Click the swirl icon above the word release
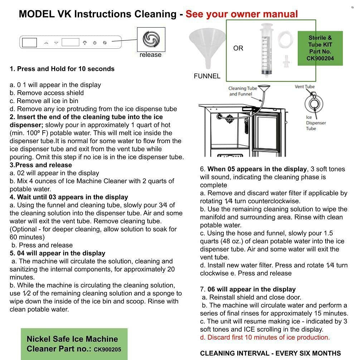pyautogui.click(x=151, y=39)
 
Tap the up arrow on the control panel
pyautogui.click(x=46, y=43)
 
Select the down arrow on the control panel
pyautogui.click(x=56, y=43)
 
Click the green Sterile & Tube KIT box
pyautogui.click(x=320, y=48)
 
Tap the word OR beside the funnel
pyautogui.click(x=238, y=48)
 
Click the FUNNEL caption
pyautogui.click(x=207, y=76)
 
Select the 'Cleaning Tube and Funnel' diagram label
pyautogui.click(x=243, y=91)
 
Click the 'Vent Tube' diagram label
pyautogui.click(x=305, y=87)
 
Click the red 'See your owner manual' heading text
pyautogui.click(x=242, y=14)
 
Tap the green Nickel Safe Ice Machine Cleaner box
pyautogui.click(x=74, y=344)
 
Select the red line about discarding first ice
pyautogui.click(x=265, y=337)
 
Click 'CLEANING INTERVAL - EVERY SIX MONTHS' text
pyautogui.click(x=270, y=353)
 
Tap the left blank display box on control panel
pyautogui.click(x=29, y=43)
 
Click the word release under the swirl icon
pyautogui.click(x=150, y=55)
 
